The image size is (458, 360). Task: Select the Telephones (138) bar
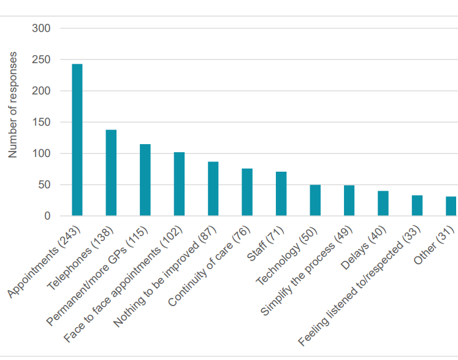[111, 173]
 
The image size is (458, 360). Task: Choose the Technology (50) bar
[315, 200]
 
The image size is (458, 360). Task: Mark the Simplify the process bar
[349, 201]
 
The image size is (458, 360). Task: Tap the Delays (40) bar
[383, 204]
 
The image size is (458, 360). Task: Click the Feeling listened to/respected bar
[417, 205]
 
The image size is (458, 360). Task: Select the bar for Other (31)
[451, 206]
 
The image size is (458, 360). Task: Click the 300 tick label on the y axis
[42, 28]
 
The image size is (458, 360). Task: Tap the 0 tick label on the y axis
[47, 216]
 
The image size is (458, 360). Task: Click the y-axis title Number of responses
[13, 105]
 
